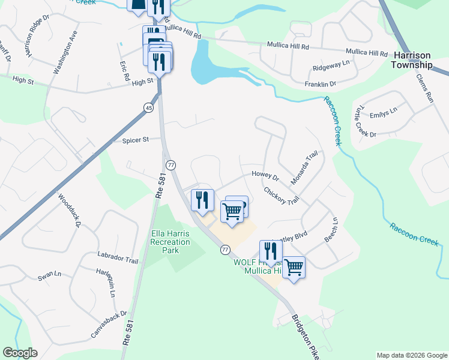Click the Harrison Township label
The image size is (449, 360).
pos(412,61)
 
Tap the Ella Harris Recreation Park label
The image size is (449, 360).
pos(170,241)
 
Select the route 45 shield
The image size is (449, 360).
pos(148,107)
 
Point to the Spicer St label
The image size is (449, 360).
pos(135,140)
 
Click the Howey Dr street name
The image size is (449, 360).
pos(266,176)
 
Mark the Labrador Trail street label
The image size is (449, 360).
pos(118,258)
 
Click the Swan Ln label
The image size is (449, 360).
pos(49,276)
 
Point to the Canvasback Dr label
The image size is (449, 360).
pos(109,323)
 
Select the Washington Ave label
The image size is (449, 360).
pos(65,56)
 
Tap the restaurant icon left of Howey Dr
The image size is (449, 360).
pos(202,199)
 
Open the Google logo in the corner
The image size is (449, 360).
pos(20,353)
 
